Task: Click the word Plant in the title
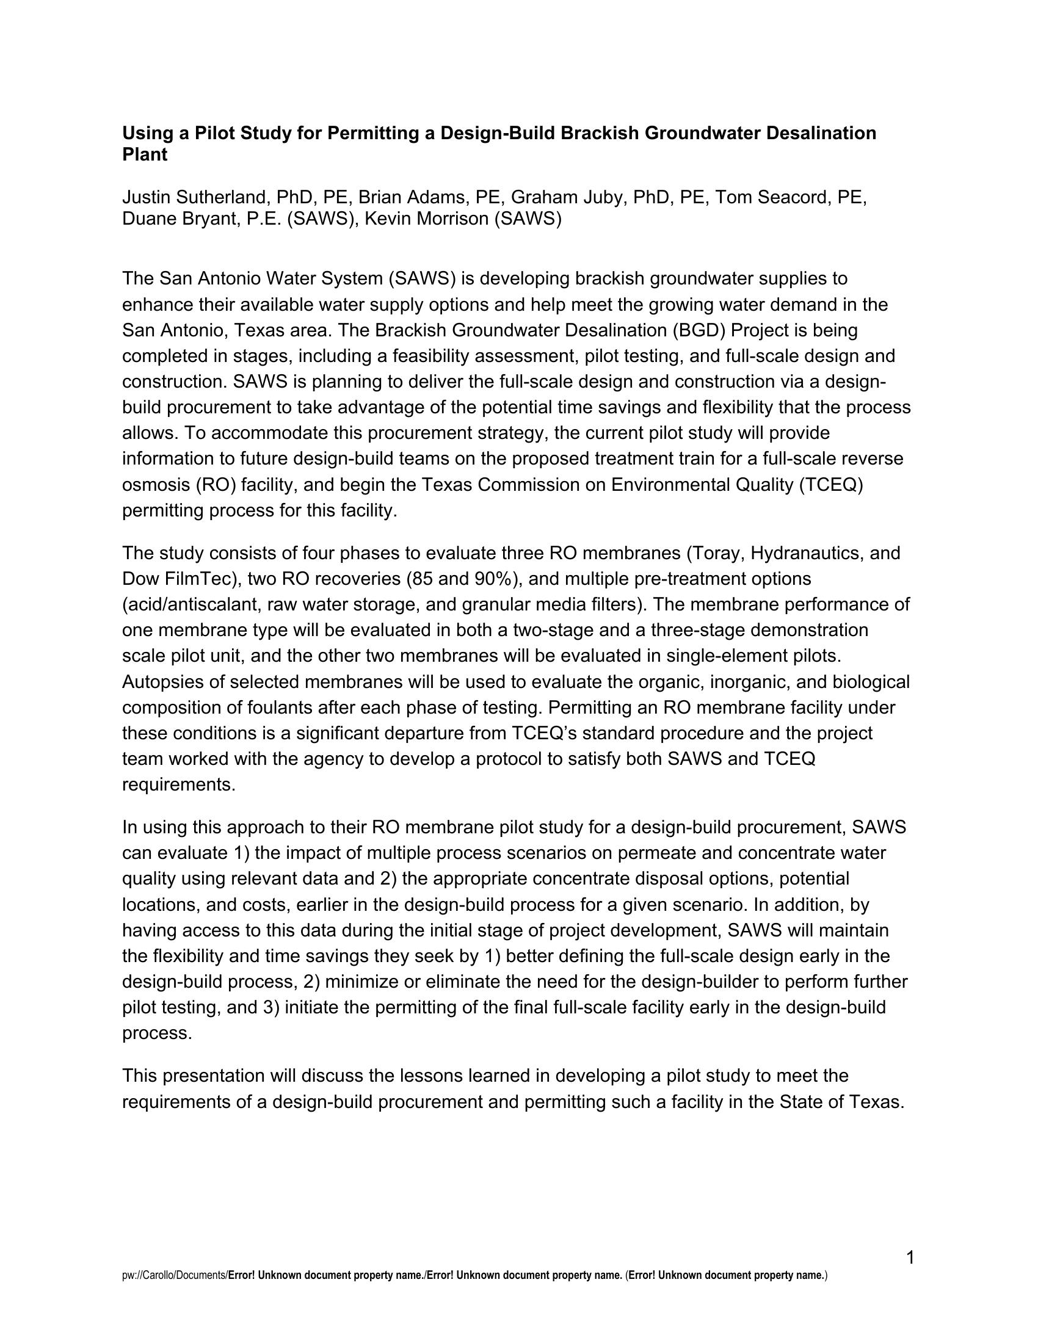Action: click(x=145, y=155)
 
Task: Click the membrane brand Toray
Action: click(x=713, y=554)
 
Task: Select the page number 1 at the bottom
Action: click(x=910, y=1258)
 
